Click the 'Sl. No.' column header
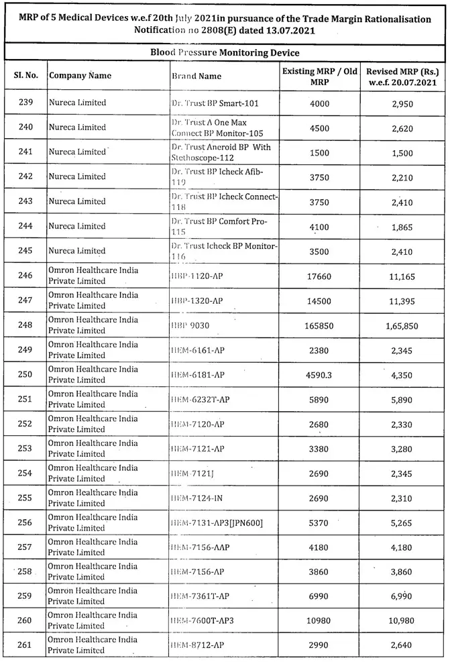click(25, 76)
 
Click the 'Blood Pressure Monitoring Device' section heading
click(224, 53)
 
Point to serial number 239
click(25, 103)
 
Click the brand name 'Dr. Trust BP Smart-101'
click(215, 103)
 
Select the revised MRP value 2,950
click(402, 103)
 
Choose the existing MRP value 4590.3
click(320, 374)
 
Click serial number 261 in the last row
click(25, 645)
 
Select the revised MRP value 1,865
click(402, 226)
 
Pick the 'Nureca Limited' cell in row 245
click(77, 251)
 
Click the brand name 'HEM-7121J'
click(192, 473)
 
